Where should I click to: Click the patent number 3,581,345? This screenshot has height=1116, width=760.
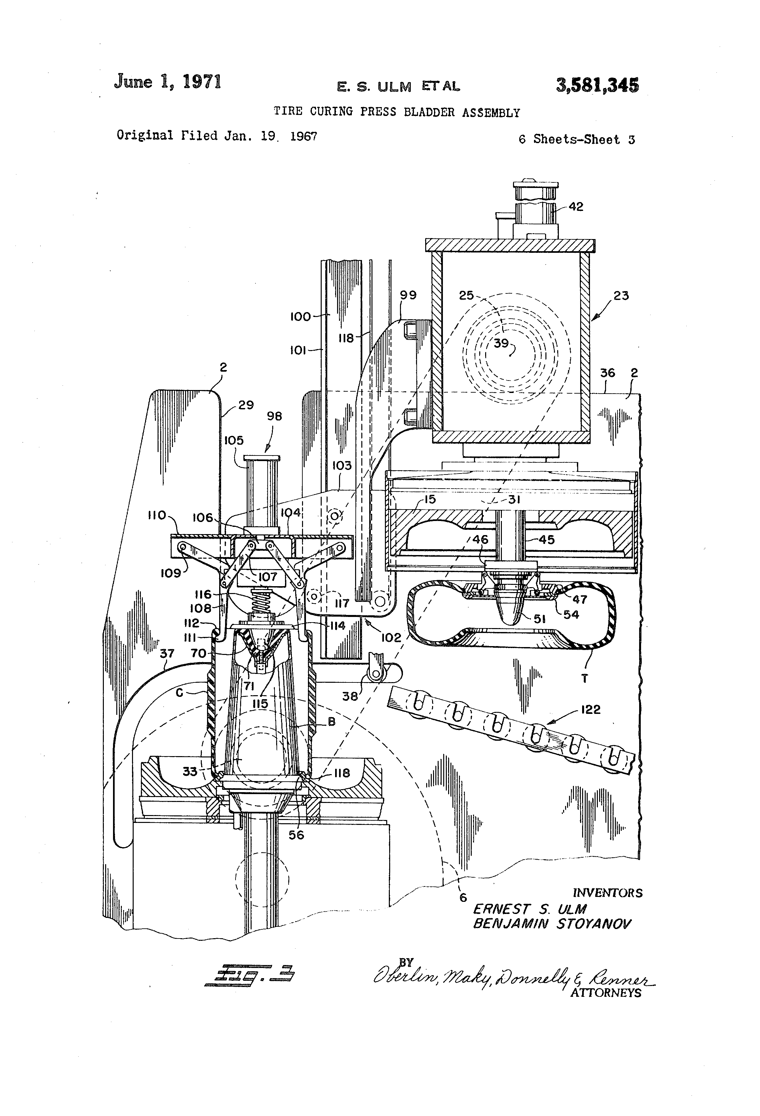(597, 86)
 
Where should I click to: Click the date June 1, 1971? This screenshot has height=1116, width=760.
(168, 82)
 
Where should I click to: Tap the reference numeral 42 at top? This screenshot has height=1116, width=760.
(576, 207)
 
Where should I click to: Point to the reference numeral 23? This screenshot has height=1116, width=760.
(621, 295)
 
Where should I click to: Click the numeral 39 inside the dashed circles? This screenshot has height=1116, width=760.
(501, 343)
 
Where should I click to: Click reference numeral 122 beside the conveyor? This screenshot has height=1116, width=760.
(590, 709)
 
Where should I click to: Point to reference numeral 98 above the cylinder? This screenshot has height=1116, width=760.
(274, 416)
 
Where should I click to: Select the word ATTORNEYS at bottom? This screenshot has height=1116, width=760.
(605, 993)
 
